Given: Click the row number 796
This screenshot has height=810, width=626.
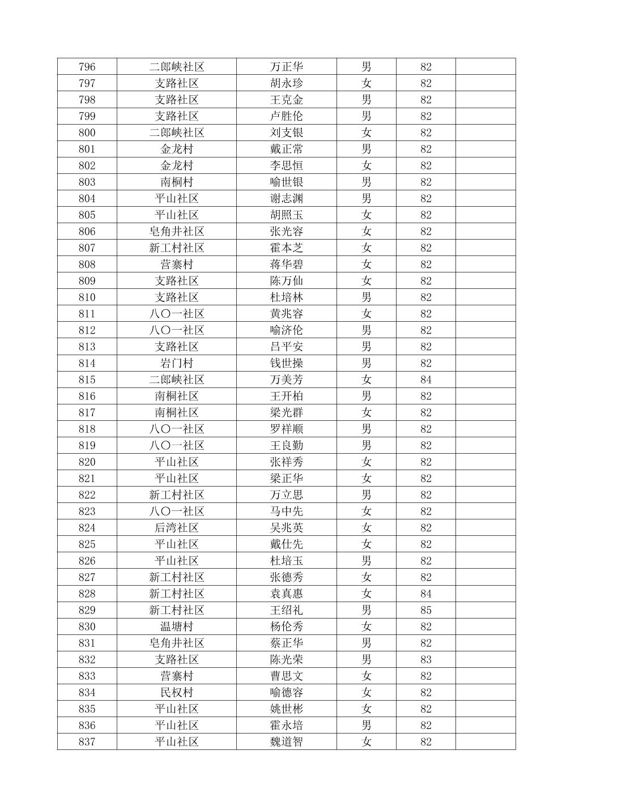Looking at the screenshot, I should coord(87,67).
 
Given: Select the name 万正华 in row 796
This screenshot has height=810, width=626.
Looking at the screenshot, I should coord(286,67).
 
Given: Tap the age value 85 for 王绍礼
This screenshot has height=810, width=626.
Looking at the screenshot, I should coord(425,611).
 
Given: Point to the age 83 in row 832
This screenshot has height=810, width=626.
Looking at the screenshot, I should coord(425,660).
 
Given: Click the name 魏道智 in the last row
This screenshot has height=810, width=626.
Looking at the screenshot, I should coord(286,742).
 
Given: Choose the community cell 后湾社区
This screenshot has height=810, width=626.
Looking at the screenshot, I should coord(176,528).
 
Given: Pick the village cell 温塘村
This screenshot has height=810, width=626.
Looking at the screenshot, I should coord(176,627).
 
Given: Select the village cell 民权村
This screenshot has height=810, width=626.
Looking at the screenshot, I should coord(176,693).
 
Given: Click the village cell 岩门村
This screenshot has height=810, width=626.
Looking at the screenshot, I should coord(176,364).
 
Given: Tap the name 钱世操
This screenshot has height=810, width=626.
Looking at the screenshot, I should coord(286,364).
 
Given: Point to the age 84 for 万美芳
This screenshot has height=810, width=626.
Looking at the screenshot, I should coord(425,380).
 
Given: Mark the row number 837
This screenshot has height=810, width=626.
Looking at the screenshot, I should coord(87,742).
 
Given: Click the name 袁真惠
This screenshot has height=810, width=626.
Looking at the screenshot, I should coord(286,594).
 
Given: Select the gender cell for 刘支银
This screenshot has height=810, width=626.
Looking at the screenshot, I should coord(366,133).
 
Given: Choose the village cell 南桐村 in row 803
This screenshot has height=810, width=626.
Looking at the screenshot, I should coord(176,182).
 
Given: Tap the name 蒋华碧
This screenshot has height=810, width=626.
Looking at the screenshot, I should coord(286,265).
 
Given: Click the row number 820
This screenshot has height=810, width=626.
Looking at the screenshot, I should coord(87,462).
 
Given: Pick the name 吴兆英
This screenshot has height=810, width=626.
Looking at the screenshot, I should coord(286,528).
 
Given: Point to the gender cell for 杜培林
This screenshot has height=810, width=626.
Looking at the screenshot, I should coord(366,297).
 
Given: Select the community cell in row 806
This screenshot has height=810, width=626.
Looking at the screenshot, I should coord(176,232).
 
